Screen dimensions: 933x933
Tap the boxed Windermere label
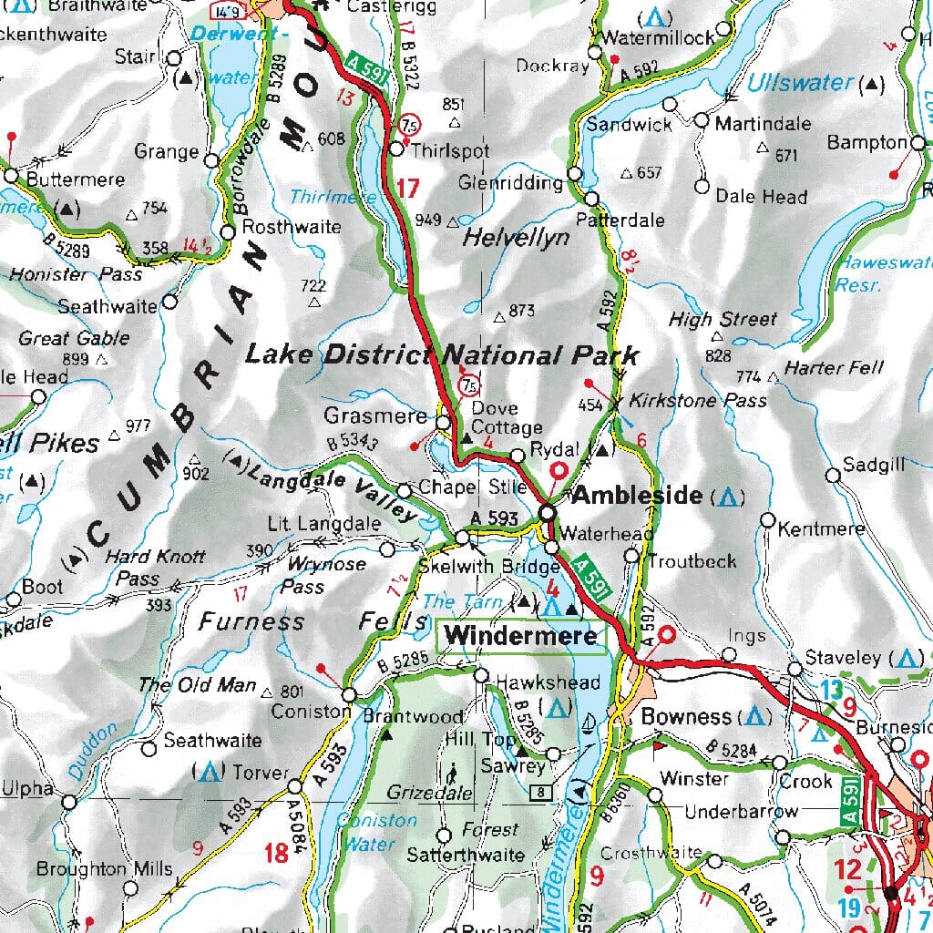522,635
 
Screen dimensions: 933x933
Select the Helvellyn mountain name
516,238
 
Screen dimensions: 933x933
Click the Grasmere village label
374,416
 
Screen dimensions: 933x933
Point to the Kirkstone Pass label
697,400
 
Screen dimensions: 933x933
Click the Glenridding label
510,183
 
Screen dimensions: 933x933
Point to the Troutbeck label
693,560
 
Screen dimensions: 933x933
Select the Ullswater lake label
801,83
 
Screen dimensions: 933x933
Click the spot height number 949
427,220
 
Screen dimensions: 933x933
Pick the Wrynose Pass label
313,575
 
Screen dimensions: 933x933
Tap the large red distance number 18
276,853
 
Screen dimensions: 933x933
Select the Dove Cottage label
507,418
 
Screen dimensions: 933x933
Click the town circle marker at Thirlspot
396,149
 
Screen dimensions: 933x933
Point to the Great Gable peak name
74,338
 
